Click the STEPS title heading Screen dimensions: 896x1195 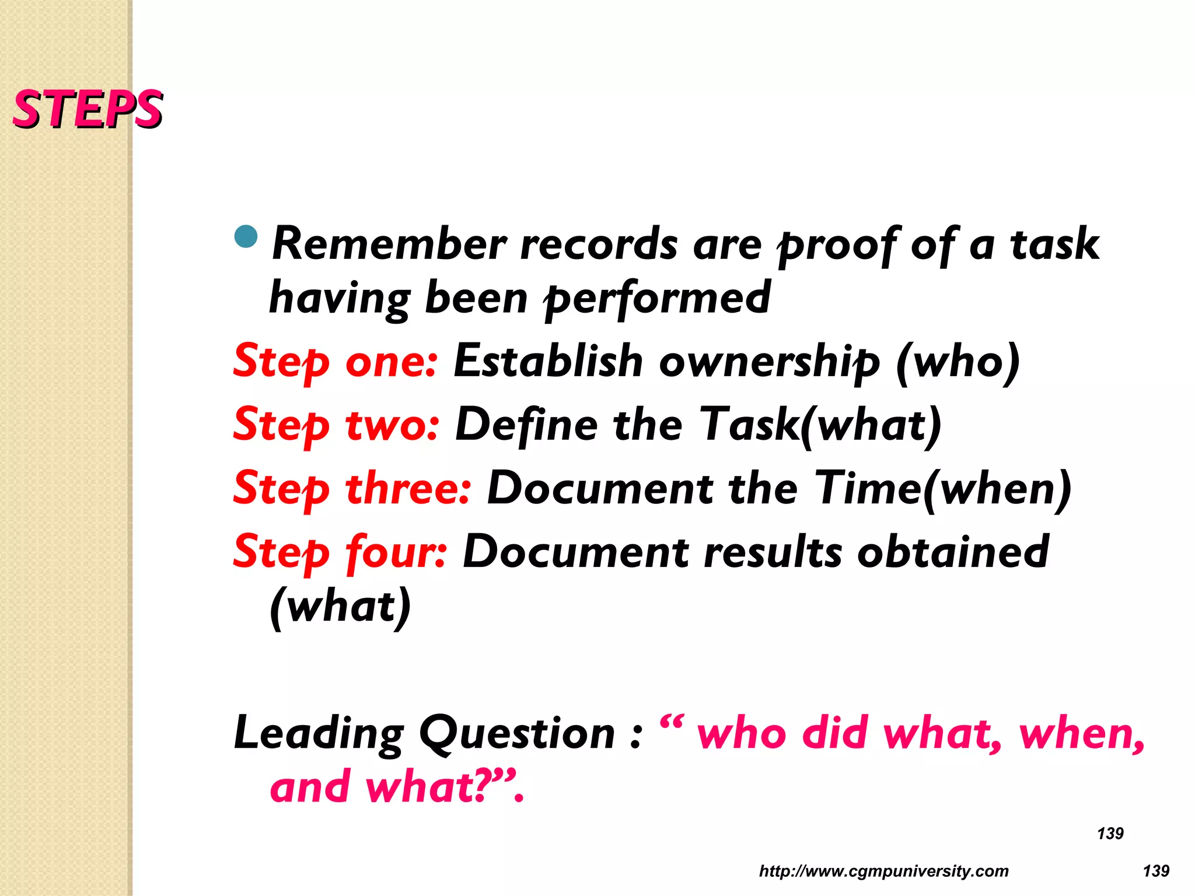point(88,109)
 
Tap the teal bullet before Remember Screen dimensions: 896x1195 point(246,236)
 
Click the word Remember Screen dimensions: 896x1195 point(390,244)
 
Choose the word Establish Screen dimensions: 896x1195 point(548,360)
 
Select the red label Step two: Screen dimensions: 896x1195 point(336,425)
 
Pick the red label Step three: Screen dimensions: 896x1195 point(351,488)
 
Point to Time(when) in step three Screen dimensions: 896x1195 point(943,488)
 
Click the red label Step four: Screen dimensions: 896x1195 point(340,552)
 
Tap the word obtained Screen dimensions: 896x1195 point(953,551)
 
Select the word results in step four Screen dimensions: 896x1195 point(773,551)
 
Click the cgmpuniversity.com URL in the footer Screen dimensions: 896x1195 point(883,871)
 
